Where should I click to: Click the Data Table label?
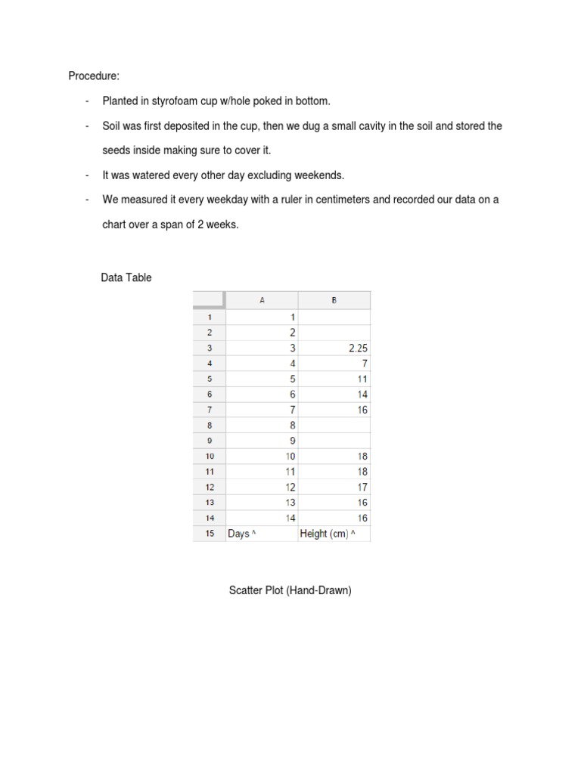point(126,277)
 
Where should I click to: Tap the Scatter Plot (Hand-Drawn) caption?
point(290,591)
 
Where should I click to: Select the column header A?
point(262,300)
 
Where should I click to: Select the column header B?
point(334,300)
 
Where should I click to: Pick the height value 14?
point(362,394)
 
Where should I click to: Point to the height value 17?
point(362,487)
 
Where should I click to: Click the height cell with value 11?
point(362,379)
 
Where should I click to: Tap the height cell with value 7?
point(364,363)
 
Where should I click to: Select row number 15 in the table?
point(209,534)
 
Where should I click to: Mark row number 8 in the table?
point(209,425)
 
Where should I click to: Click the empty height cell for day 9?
point(334,441)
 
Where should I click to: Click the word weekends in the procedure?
point(321,175)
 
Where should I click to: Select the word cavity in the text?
point(368,125)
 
